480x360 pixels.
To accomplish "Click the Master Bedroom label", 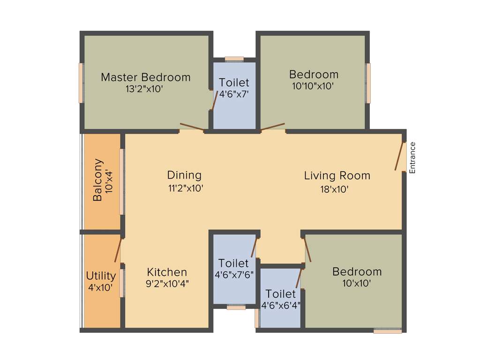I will pyautogui.click(x=146, y=77).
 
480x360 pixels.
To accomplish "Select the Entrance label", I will pyautogui.click(x=412, y=157).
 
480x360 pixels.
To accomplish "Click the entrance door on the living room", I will pyautogui.click(x=399, y=156).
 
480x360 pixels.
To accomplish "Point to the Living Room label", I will pyautogui.click(x=337, y=176).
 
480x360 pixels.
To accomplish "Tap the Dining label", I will pyautogui.click(x=184, y=175).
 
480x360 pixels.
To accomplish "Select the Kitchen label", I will pyautogui.click(x=167, y=272).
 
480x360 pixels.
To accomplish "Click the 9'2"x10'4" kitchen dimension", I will pyautogui.click(x=167, y=283).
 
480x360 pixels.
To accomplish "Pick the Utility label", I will pyautogui.click(x=101, y=276).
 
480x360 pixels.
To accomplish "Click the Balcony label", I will pyautogui.click(x=97, y=180).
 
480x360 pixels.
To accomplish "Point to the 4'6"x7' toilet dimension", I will pyautogui.click(x=234, y=94).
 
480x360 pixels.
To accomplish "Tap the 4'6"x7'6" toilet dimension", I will pyautogui.click(x=234, y=275).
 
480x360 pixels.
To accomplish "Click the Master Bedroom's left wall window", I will pyautogui.click(x=81, y=83).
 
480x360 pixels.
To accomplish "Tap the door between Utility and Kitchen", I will pyautogui.click(x=118, y=250).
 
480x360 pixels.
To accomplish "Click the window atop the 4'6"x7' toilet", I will pyautogui.click(x=234, y=59).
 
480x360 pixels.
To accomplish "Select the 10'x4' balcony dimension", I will pyautogui.click(x=109, y=180).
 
